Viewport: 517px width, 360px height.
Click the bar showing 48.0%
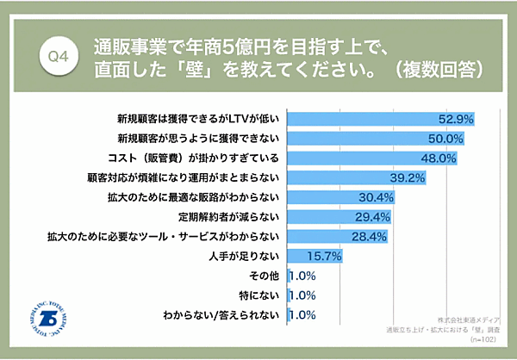(371, 158)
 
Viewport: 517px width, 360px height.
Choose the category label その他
(263, 276)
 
